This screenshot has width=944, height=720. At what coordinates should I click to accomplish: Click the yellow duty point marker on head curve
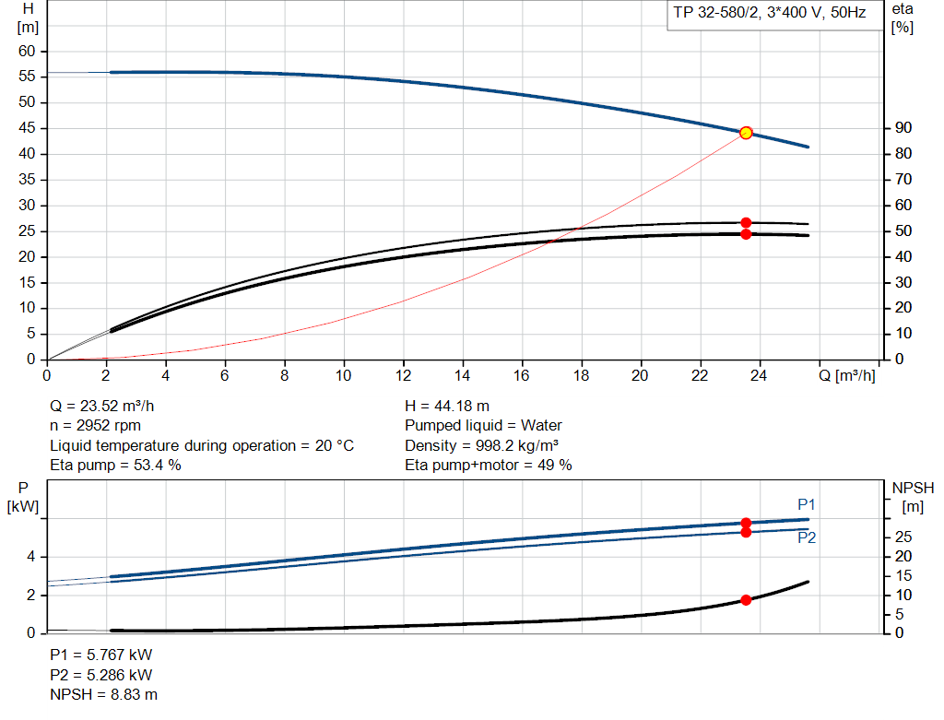click(746, 133)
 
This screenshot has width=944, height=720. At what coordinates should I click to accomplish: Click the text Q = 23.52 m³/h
click(109, 406)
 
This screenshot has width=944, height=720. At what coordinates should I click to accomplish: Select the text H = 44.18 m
click(447, 406)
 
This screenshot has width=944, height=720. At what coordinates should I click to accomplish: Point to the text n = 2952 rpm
click(94, 425)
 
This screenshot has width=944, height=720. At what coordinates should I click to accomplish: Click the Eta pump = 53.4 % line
click(115, 465)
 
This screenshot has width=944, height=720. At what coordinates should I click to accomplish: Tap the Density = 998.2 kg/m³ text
click(483, 445)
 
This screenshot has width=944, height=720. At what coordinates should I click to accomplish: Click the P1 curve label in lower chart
click(807, 504)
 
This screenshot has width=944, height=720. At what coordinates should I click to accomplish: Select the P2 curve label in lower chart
click(807, 537)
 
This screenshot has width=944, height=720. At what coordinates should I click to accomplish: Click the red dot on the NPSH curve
click(746, 600)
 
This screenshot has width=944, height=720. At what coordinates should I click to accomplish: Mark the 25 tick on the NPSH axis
click(903, 537)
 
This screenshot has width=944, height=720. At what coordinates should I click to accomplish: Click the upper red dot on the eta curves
click(746, 223)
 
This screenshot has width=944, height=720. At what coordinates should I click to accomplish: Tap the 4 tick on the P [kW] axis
click(30, 557)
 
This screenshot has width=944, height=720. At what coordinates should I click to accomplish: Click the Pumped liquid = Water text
click(483, 425)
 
